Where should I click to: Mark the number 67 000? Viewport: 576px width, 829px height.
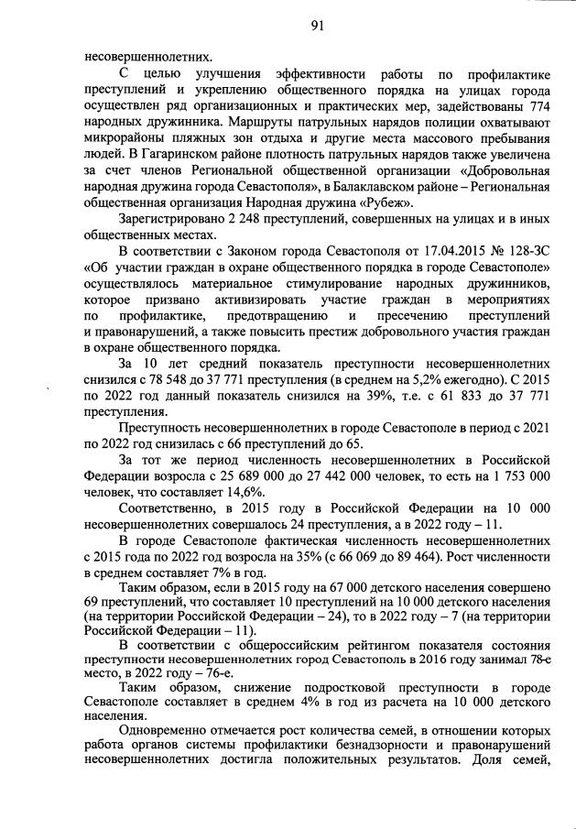[300, 590]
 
